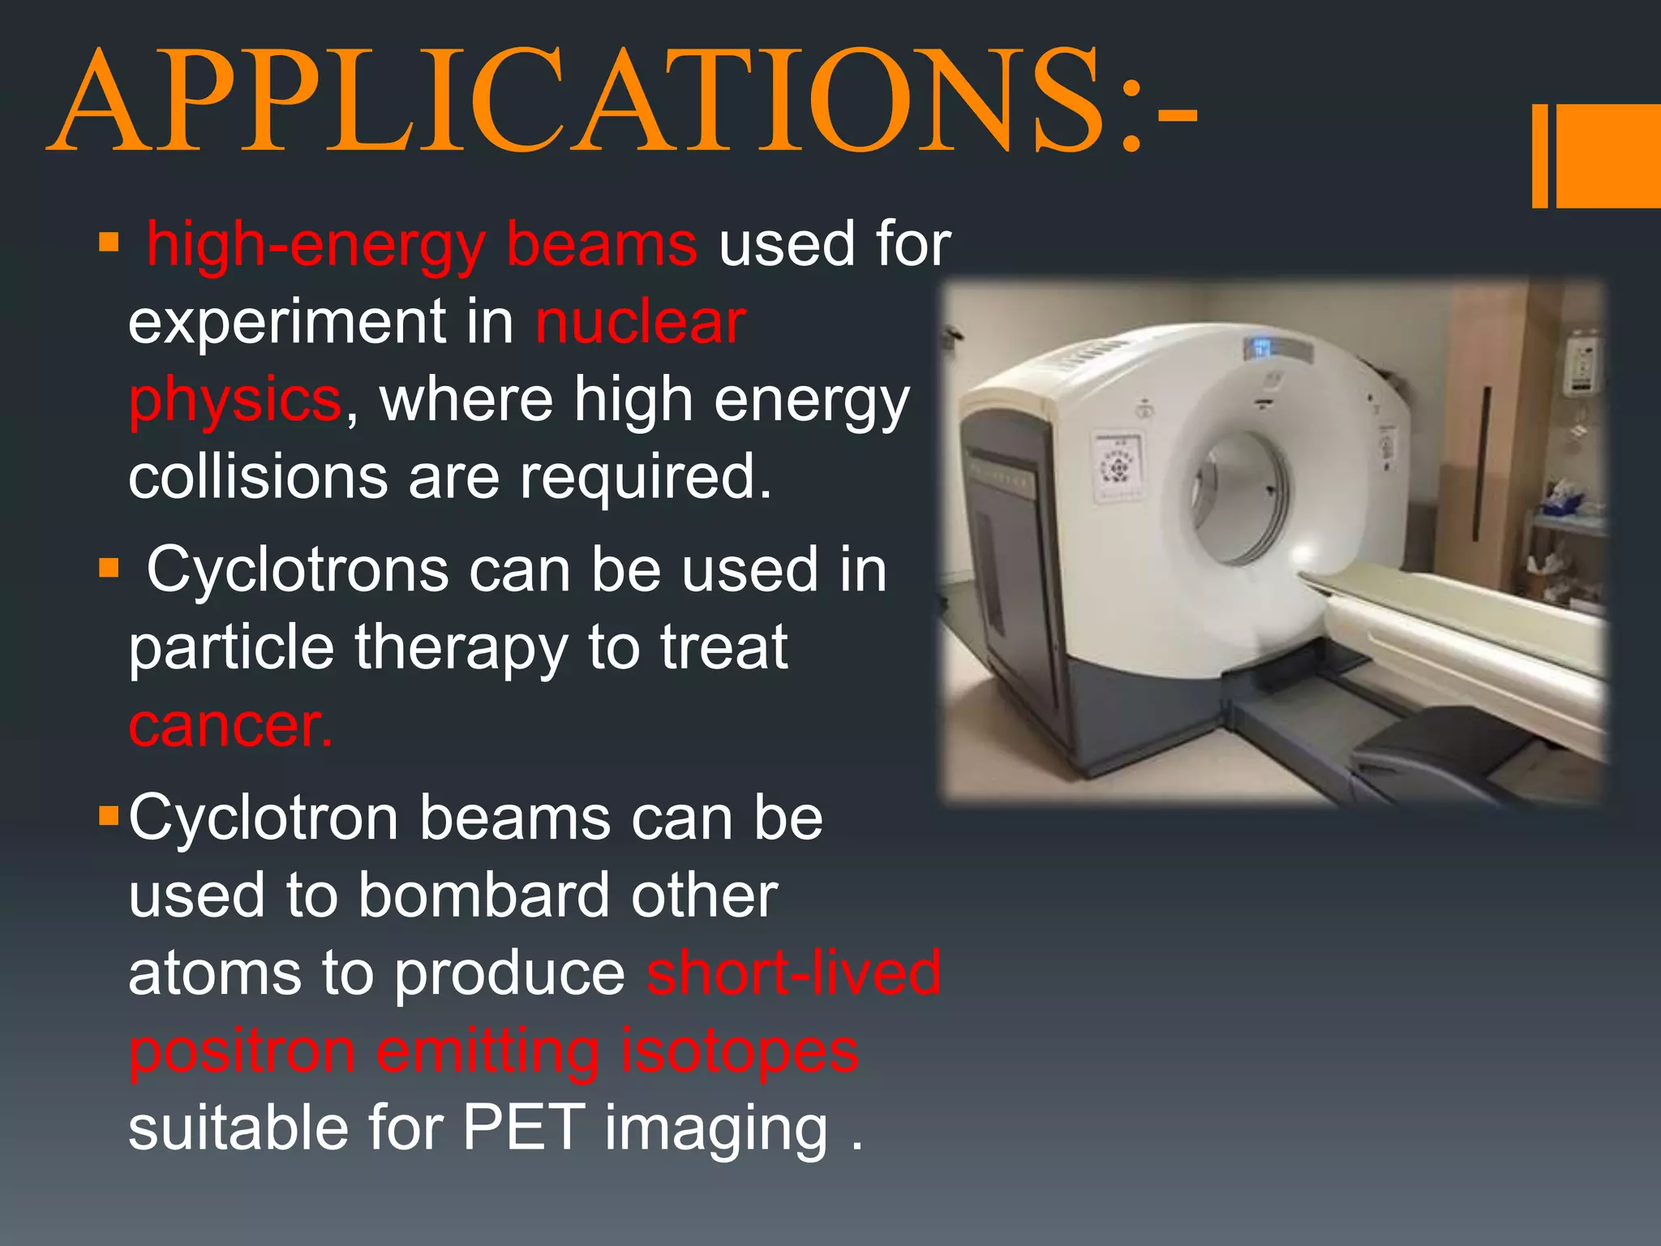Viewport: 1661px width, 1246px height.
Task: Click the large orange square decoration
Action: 1609,156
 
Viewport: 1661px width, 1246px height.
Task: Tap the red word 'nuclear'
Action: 640,322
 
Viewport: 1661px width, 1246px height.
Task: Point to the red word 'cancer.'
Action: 230,725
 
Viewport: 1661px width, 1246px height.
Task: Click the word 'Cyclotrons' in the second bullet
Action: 297,569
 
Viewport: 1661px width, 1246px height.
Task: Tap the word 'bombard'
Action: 483,896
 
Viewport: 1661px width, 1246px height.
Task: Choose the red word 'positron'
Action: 242,1051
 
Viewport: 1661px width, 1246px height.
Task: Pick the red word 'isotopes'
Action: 739,1051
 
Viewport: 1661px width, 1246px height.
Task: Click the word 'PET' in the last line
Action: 523,1128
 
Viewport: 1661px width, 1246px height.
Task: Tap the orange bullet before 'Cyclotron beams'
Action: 109,815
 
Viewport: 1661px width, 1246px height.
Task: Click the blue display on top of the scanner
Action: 1261,349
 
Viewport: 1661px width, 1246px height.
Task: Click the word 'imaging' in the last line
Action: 716,1129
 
